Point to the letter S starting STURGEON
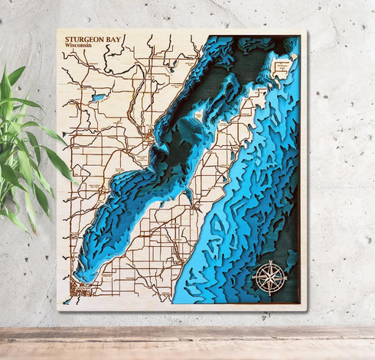pos(67,38)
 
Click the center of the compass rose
pos(269,277)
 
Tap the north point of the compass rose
pos(269,260)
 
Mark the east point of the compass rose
pos(286,277)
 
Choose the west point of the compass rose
pos(253,277)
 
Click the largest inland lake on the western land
pos(97,98)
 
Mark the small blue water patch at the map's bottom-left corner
pos(67,300)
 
